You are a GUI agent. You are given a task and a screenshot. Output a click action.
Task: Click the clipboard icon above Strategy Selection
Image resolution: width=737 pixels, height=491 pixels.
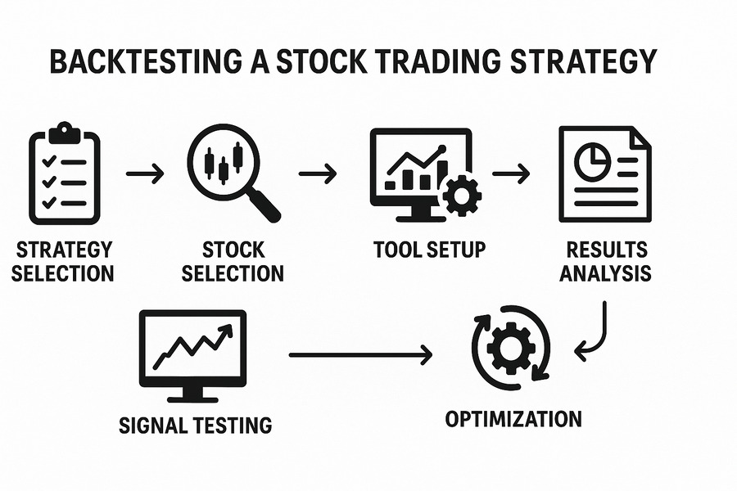(65, 173)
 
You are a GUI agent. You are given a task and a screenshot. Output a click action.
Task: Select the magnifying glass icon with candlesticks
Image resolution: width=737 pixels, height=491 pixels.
(233, 173)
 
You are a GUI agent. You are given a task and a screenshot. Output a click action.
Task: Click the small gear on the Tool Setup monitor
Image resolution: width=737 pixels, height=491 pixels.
(462, 196)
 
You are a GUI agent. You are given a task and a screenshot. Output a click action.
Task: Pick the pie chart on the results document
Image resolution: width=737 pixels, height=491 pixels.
(593, 161)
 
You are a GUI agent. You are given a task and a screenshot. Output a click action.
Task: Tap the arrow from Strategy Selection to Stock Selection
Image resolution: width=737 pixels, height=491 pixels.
(145, 173)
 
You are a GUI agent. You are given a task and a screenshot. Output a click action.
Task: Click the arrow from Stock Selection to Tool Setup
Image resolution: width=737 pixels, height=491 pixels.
(318, 173)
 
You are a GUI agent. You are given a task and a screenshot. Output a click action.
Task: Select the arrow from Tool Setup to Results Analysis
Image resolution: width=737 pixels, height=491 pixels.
(511, 173)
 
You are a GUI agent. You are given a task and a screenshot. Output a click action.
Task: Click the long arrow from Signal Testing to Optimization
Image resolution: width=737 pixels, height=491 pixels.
(360, 355)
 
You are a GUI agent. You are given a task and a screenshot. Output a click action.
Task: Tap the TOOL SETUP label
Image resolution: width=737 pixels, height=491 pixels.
(430, 250)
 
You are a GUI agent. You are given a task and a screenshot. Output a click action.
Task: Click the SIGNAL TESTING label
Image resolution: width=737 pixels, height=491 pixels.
(196, 426)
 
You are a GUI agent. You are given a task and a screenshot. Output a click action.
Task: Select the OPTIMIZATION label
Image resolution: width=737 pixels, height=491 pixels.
(513, 419)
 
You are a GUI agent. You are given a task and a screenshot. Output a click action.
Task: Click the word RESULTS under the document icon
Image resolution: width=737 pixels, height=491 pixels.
(606, 250)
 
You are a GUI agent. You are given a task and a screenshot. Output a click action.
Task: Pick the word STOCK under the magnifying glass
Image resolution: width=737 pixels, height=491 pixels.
(233, 250)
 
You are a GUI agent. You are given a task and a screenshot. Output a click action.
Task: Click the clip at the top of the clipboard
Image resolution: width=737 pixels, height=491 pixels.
(65, 133)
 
